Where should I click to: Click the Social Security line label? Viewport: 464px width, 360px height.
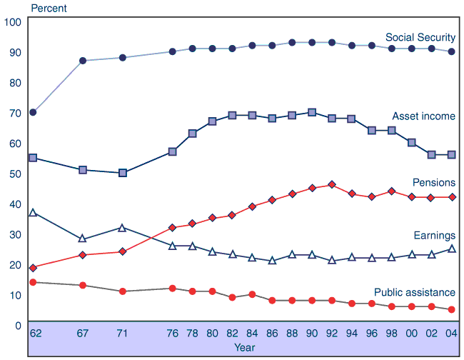(420, 37)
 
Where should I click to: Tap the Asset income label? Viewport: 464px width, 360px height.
(423, 116)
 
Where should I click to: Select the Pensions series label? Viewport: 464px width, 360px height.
(433, 183)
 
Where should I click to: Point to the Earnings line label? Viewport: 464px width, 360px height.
(434, 235)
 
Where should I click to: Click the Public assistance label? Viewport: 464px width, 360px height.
(415, 292)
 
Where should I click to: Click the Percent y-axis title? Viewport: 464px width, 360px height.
(48, 9)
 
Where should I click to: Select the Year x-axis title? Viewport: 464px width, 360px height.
(244, 347)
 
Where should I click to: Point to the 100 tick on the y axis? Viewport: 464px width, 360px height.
(12, 22)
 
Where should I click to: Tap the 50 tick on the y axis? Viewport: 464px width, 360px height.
(15, 174)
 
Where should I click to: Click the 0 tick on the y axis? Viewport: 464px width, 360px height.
(18, 326)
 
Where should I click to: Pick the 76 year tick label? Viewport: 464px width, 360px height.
(172, 333)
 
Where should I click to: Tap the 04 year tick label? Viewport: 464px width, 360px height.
(451, 333)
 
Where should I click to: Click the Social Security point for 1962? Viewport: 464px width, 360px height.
(33, 112)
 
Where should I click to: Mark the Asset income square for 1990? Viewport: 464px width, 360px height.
(312, 112)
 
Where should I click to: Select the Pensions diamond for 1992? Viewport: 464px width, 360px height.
(332, 185)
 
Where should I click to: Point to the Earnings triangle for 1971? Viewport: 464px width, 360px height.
(123, 228)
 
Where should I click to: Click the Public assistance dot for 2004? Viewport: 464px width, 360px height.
(451, 309)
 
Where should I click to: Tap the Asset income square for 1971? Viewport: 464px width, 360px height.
(123, 173)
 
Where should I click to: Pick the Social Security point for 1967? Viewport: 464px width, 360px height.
(83, 61)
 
